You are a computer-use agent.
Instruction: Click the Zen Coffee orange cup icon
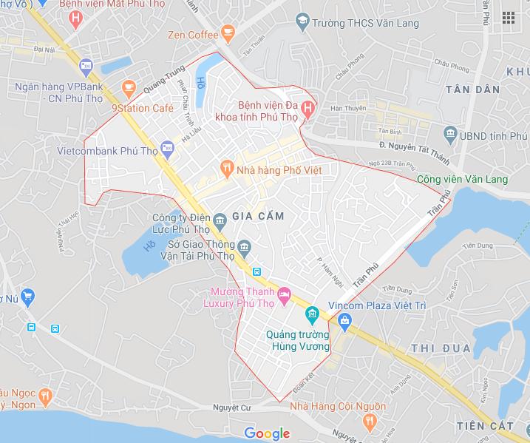coord(228,34)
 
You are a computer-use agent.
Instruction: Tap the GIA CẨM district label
coord(258,216)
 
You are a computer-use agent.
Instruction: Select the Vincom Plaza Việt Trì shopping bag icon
coord(344,320)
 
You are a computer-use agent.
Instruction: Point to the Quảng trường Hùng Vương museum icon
coord(312,317)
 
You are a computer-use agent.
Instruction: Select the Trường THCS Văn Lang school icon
coord(302,23)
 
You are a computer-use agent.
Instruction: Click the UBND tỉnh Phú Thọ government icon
coord(450,135)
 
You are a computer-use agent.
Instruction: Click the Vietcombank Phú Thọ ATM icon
coord(168,150)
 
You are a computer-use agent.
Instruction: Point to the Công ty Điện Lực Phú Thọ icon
coord(220,220)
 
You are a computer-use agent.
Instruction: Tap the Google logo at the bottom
coord(267,433)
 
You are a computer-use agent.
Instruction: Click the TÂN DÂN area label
coord(472,89)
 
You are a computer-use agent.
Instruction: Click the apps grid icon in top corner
coord(508,18)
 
